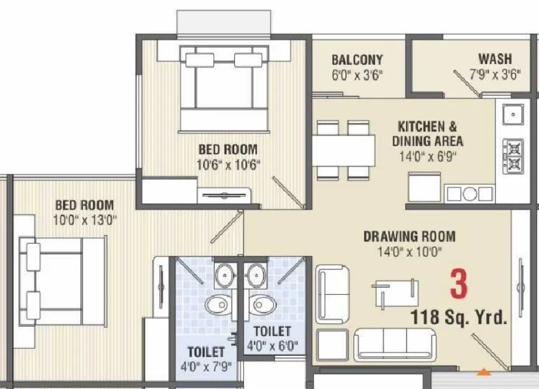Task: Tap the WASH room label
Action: pos(494,59)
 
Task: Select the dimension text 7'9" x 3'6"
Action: pos(494,74)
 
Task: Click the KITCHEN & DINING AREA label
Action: pos(427,134)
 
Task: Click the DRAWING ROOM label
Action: pos(409,236)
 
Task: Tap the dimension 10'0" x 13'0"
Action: pos(84,220)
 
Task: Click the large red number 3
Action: pos(458,284)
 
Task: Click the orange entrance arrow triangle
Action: pos(485,371)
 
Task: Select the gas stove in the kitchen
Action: pos(512,156)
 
